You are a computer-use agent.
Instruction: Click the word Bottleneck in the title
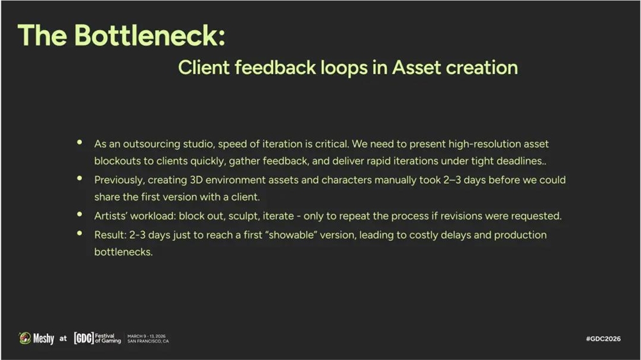[x=149, y=35]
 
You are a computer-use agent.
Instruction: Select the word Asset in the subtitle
[x=417, y=67]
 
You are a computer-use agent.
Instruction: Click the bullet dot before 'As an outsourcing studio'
[x=79, y=142]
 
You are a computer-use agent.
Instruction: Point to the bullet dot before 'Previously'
[x=79, y=178]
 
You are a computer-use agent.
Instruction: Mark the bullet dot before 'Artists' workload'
[x=79, y=214]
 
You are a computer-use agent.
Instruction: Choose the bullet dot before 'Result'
[x=79, y=233]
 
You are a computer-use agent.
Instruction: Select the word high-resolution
[x=483, y=144]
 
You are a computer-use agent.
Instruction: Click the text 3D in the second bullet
[x=196, y=180]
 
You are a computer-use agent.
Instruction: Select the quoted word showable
[x=292, y=235]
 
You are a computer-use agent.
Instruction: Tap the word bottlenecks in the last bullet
[x=124, y=252]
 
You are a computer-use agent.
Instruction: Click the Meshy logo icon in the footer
[x=25, y=338]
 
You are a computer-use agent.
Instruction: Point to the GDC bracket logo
[x=84, y=338]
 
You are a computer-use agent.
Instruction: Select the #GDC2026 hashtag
[x=603, y=339]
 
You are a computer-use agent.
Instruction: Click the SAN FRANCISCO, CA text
[x=148, y=341]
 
